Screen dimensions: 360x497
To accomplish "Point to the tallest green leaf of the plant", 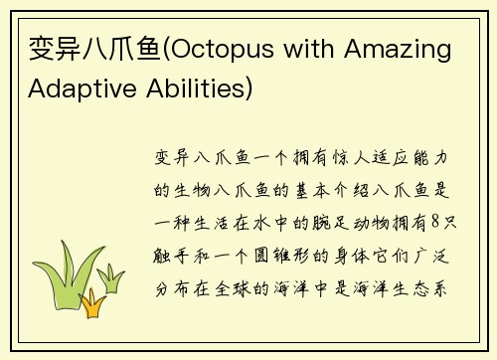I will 69,264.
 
